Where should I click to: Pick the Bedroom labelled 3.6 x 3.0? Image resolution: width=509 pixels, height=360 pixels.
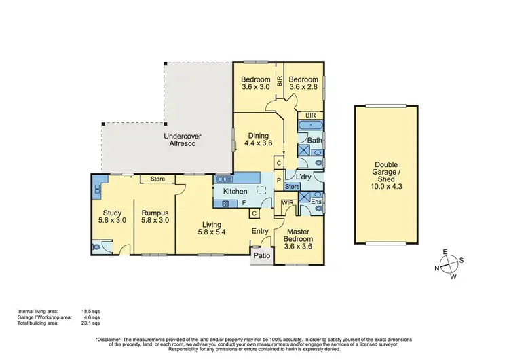(256, 84)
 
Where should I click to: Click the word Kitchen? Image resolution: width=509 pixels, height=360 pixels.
(235, 192)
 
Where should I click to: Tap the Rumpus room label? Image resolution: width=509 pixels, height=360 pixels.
(155, 216)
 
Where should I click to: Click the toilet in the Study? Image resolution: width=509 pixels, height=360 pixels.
(99, 249)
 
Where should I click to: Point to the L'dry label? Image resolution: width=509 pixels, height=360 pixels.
(303, 176)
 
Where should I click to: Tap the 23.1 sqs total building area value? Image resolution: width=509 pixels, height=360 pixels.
(92, 323)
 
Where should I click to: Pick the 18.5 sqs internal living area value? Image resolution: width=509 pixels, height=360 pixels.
(92, 312)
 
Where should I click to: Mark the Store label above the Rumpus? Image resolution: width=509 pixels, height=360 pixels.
(157, 179)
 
